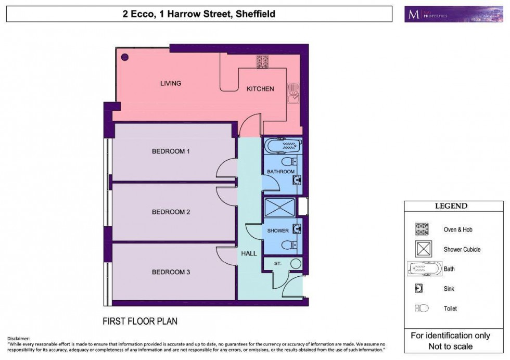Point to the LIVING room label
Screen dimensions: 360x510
(x=171, y=83)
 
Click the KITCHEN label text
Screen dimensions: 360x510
(x=260, y=89)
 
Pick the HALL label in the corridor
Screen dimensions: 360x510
(x=249, y=253)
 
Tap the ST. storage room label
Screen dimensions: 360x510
(x=278, y=264)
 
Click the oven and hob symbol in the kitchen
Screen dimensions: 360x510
(x=262, y=61)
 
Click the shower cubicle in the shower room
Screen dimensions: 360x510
(x=279, y=208)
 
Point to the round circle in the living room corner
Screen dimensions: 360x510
(x=125, y=57)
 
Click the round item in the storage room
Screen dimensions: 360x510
(x=296, y=264)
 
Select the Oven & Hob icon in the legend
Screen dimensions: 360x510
(x=422, y=229)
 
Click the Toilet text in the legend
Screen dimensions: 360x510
(x=450, y=308)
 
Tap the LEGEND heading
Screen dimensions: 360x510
(x=451, y=206)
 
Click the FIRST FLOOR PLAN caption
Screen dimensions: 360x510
(x=139, y=321)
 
